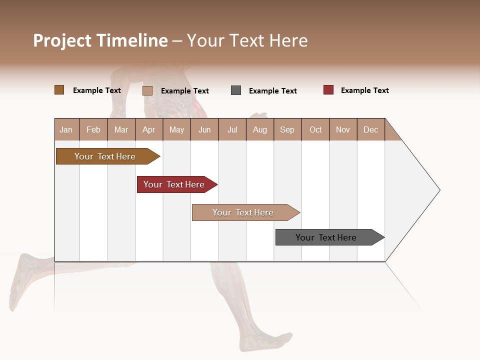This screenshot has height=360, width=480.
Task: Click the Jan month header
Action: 66,129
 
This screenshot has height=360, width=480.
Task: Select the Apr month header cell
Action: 149,129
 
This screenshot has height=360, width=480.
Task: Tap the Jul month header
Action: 232,129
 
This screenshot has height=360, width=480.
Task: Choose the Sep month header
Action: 287,129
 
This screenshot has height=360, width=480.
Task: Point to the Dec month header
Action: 370,129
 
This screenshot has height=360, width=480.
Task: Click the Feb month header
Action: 93,129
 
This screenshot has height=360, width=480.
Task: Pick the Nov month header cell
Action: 343,129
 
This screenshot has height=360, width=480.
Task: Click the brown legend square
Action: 59,90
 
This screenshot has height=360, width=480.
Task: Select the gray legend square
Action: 236,90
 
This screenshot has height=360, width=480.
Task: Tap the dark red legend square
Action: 328,90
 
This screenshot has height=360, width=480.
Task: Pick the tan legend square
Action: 147,90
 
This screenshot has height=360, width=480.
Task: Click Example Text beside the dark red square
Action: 364,90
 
